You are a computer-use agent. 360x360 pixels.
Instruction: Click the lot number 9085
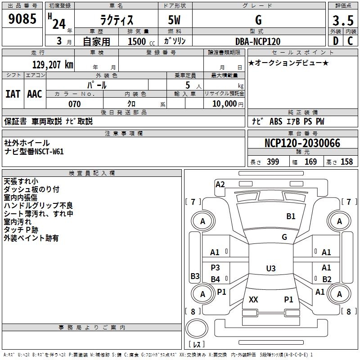pos(22,18)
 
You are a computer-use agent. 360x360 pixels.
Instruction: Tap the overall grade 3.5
pos(343,20)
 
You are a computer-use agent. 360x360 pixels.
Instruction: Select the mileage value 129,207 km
pos(53,65)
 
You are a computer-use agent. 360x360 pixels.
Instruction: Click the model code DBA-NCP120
pos(258,41)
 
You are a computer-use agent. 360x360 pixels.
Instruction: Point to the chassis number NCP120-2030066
pos(302,143)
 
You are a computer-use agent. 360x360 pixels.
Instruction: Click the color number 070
pos(75,104)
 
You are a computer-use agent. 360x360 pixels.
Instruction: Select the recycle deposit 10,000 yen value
pos(228,104)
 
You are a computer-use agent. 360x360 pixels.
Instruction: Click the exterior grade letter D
pos(336,41)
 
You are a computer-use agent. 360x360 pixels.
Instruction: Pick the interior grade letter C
pos(350,41)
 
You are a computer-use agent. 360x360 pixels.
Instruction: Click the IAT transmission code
pos(13,94)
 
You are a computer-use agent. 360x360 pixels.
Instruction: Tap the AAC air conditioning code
pos(35,94)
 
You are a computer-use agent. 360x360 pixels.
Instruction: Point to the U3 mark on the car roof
pos(271,268)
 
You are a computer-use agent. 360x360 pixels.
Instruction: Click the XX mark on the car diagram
pos(253,299)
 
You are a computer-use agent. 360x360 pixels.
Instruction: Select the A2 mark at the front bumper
pos(220,184)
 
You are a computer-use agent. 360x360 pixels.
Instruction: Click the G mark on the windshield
pos(284,237)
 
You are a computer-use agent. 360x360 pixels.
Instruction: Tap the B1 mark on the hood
pos(291,216)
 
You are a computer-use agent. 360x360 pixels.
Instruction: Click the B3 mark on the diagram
pos(195,276)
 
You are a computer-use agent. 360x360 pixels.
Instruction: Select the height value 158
pos(346,162)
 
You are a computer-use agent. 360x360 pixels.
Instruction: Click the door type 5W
pos(174,20)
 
